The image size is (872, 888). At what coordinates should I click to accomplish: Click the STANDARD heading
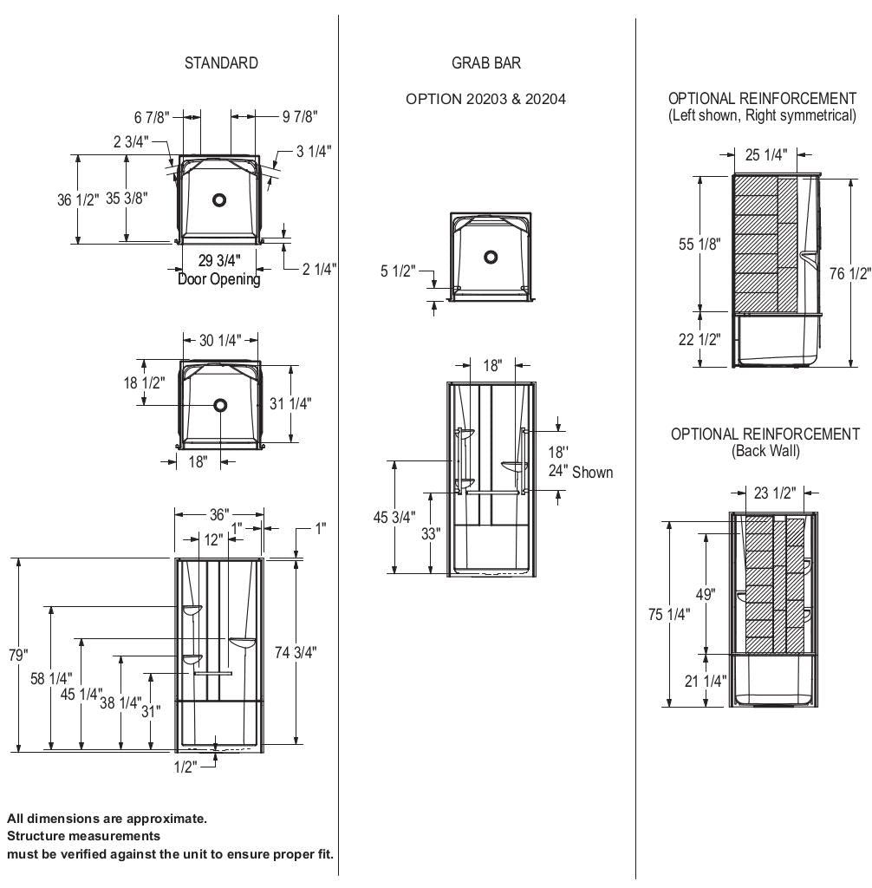(x=221, y=63)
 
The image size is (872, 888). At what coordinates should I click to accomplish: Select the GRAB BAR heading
(x=486, y=63)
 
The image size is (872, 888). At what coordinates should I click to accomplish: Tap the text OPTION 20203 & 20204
(x=485, y=99)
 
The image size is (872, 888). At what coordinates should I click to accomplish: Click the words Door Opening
(x=218, y=279)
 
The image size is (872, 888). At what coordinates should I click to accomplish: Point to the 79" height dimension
(x=19, y=655)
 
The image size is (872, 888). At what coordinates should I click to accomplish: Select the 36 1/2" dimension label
(x=76, y=199)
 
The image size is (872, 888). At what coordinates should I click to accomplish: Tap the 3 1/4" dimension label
(x=313, y=152)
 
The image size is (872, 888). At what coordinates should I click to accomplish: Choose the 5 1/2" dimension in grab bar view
(x=398, y=271)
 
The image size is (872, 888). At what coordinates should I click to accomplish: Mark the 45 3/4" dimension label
(x=394, y=518)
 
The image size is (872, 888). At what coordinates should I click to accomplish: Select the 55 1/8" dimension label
(x=700, y=245)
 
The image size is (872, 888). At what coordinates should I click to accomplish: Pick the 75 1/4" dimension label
(x=669, y=614)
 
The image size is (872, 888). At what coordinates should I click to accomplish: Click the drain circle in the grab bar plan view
(x=491, y=257)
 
